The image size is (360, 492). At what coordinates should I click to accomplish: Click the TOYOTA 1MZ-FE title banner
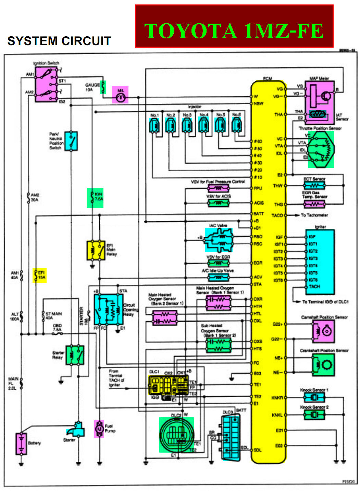tap(234, 26)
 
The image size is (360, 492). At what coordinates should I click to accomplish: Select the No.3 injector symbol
tap(187, 125)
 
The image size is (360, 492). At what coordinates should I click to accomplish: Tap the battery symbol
tap(21, 444)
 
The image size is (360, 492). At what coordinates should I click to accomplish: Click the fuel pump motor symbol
tap(99, 429)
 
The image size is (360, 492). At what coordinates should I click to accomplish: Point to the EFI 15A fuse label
tap(40, 275)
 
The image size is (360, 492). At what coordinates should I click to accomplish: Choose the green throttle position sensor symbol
tap(321, 149)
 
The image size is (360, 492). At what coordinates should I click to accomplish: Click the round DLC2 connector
tap(176, 435)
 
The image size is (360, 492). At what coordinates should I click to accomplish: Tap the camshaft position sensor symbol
tap(323, 331)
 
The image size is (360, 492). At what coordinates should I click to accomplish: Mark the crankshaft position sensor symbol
tap(323, 365)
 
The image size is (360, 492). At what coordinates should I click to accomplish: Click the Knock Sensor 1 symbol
tap(314, 397)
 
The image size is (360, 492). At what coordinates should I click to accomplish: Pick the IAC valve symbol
tap(219, 240)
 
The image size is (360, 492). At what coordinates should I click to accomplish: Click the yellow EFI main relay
tap(96, 250)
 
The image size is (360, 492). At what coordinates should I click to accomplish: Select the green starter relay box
tap(75, 355)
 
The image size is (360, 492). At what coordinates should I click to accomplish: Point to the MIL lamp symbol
tap(120, 95)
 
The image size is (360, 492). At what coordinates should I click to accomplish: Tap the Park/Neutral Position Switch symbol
tap(71, 141)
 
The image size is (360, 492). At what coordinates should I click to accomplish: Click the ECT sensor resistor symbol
tap(314, 186)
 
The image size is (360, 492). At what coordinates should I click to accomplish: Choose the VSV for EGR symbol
tap(218, 263)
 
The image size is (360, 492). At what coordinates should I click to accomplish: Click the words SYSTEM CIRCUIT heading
tap(59, 41)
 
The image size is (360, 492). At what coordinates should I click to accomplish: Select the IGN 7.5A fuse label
tap(95, 198)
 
